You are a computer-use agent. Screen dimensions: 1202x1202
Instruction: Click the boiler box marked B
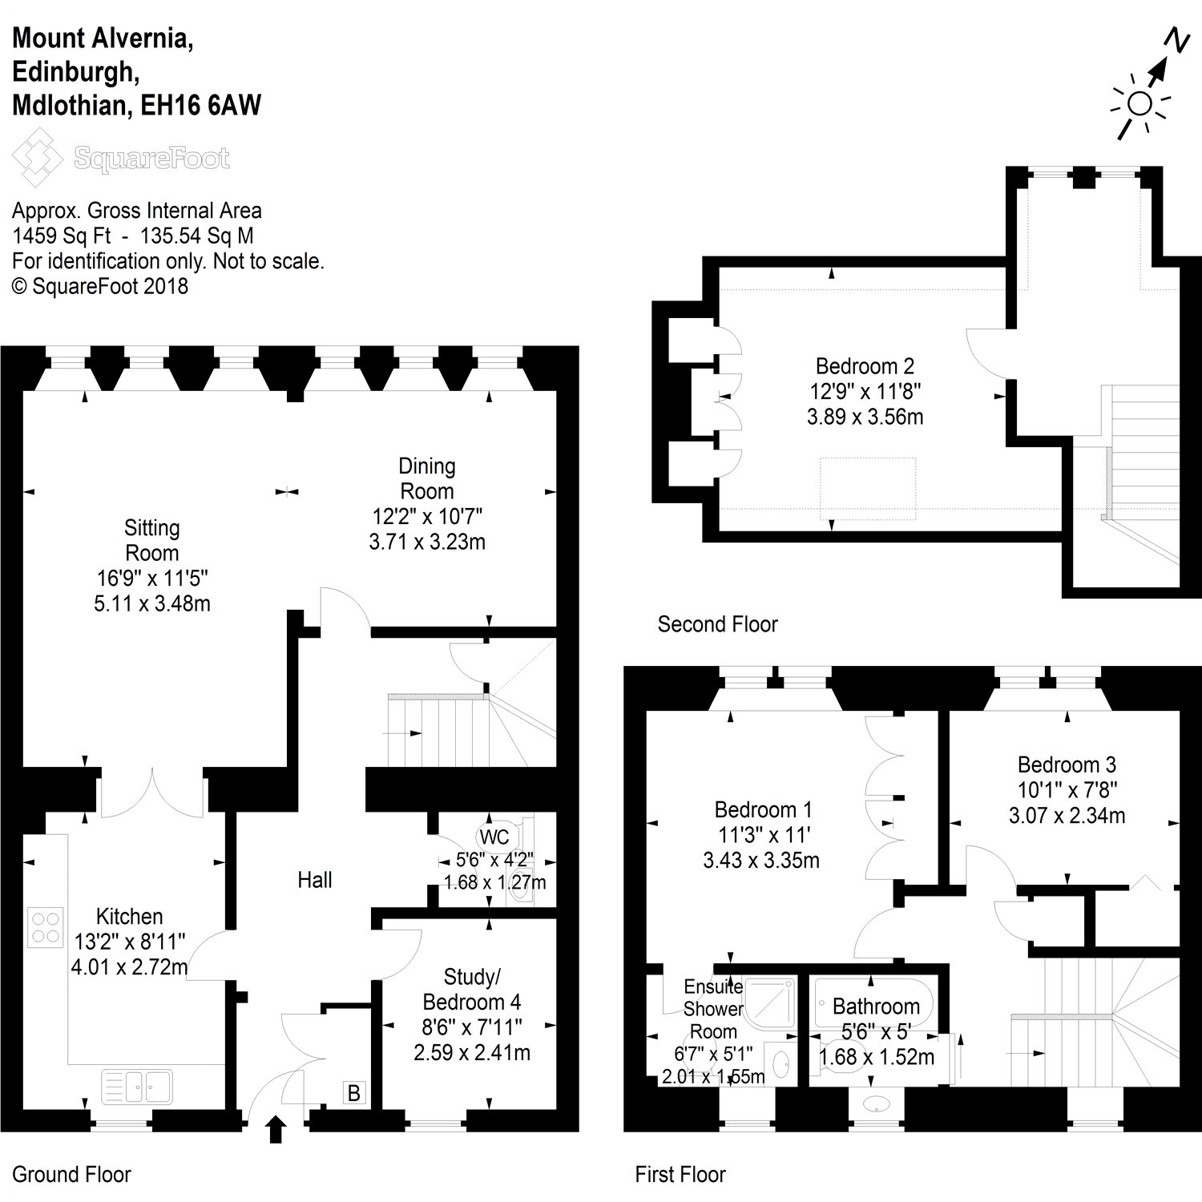[353, 1092]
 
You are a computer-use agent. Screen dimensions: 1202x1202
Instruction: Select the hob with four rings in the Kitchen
[45, 926]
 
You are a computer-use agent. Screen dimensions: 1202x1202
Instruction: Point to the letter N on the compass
[1176, 40]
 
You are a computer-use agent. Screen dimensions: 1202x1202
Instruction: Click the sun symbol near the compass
[1139, 104]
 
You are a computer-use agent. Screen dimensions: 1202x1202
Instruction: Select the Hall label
[314, 880]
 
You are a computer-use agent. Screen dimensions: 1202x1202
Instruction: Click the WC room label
[494, 837]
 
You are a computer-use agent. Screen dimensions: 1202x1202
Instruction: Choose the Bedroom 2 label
[865, 366]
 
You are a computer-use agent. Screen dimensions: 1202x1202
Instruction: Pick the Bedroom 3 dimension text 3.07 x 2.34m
[1067, 816]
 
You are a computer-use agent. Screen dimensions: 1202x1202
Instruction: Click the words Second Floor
[717, 624]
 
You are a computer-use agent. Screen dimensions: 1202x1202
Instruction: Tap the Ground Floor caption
[71, 1175]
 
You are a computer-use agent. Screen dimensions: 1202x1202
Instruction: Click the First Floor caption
[680, 1175]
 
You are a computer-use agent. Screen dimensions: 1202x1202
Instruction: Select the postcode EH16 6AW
[201, 106]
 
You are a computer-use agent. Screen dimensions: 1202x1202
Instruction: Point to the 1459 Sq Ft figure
[61, 236]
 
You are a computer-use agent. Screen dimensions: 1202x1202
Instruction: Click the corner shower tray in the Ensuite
[769, 1002]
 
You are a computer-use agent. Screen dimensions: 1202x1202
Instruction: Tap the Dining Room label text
[427, 478]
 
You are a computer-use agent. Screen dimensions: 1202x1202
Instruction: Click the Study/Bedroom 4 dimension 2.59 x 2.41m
[472, 1052]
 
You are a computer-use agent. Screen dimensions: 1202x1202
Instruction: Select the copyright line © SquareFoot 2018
[100, 286]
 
